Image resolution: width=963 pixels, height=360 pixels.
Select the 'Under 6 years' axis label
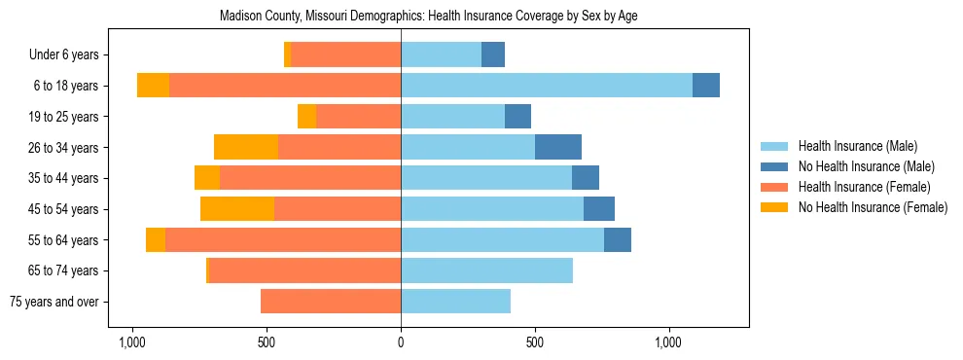point(70,55)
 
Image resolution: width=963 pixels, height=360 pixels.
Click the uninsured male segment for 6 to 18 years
point(705,86)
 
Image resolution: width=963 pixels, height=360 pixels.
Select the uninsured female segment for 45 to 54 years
point(237,209)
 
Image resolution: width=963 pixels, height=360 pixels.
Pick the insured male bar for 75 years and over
point(455,302)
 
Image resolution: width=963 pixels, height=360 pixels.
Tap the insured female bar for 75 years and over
point(331,302)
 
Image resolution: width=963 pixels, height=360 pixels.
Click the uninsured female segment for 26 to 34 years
point(246,148)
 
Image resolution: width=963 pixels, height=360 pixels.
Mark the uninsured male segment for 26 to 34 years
point(558,148)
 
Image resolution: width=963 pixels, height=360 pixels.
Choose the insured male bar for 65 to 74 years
point(486,270)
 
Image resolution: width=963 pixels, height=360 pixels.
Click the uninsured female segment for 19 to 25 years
point(306,117)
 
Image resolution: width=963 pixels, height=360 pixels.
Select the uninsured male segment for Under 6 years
point(493,55)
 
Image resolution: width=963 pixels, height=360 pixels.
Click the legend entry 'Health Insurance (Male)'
point(857,146)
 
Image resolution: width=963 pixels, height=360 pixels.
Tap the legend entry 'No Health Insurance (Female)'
point(873,207)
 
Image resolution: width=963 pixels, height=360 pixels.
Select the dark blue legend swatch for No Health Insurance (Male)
point(775,166)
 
